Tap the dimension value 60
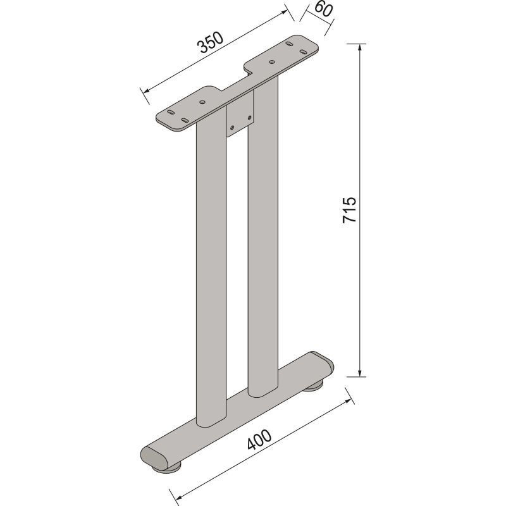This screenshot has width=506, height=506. tap(323, 9)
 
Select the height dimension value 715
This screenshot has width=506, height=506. tap(350, 210)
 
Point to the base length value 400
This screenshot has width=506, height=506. tap(259, 440)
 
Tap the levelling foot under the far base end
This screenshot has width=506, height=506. tap(314, 385)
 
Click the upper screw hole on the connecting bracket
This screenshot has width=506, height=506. tap(249, 118)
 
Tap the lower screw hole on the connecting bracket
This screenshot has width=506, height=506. tap(232, 128)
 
